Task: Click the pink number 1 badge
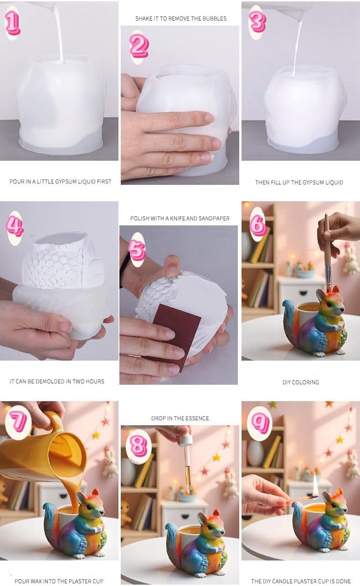12,23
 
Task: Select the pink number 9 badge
260,423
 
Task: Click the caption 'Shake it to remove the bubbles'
180,19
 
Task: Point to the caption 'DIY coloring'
300,382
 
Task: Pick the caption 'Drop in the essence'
180,418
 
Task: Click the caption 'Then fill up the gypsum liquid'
299,182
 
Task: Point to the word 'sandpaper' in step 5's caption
216,218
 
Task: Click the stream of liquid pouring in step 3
297,46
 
